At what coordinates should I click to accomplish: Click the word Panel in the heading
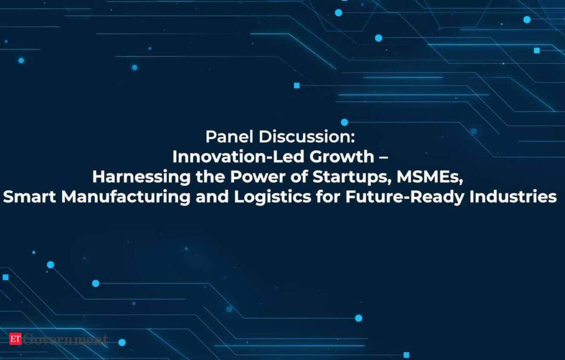point(229,136)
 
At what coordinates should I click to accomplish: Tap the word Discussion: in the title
point(307,136)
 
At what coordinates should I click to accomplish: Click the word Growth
point(342,157)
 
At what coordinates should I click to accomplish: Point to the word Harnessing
point(141,177)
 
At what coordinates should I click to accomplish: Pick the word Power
point(258,177)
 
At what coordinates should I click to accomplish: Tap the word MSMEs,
point(430,177)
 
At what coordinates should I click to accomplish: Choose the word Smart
point(29,197)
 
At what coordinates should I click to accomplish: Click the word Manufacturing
point(126,197)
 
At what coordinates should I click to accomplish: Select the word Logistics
point(273,197)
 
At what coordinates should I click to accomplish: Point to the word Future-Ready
point(405,197)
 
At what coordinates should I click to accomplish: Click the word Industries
point(513,197)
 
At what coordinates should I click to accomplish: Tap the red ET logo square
point(16,338)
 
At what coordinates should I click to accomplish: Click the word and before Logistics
point(212,197)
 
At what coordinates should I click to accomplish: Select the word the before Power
point(210,177)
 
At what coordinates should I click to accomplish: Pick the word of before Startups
point(299,177)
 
